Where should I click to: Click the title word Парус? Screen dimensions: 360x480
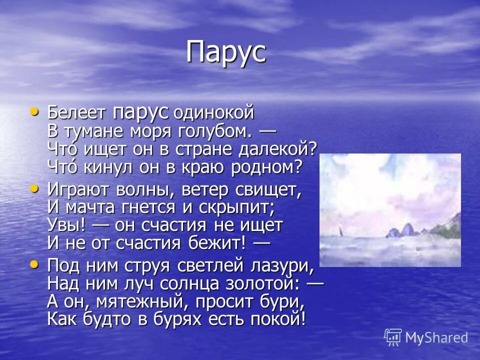tap(225, 52)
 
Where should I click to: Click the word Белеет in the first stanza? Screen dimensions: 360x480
tap(76, 112)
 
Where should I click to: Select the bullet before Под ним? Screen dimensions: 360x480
tap(34, 263)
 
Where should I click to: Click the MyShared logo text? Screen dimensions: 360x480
tap(436, 338)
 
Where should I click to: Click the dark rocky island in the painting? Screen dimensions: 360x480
tap(400, 230)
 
